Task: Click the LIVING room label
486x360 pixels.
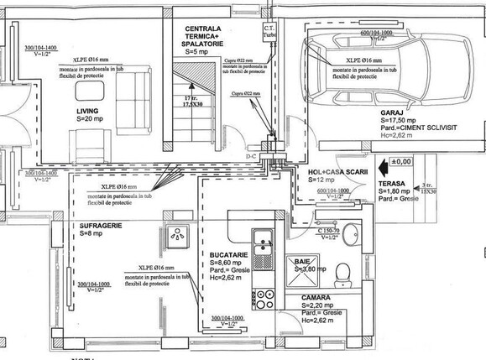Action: tap(88, 111)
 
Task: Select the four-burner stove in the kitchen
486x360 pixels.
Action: tap(266, 296)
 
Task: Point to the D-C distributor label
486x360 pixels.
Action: tap(250, 157)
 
